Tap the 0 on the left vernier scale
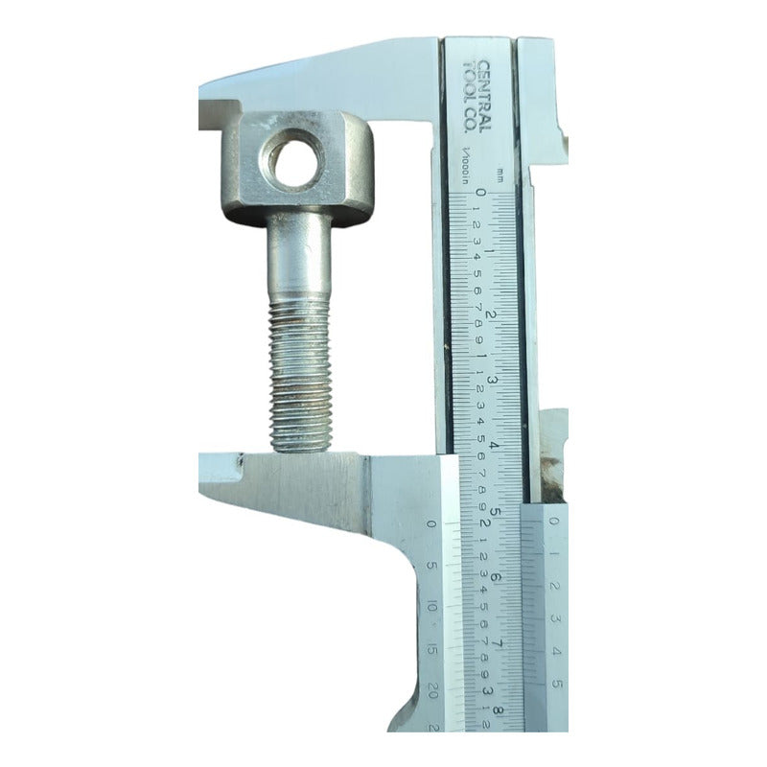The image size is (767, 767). (432, 523)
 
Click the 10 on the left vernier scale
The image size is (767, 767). (433, 606)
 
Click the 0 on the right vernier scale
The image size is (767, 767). (556, 522)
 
